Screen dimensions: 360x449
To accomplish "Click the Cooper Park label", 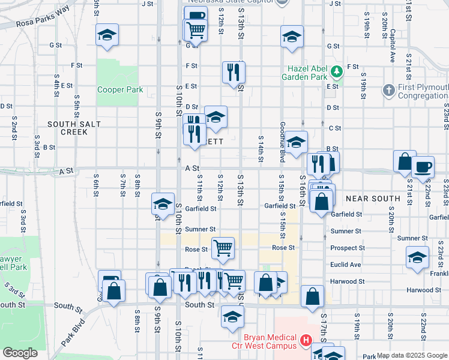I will click(121, 89).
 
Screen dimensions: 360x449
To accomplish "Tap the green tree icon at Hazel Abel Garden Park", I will click(336, 71).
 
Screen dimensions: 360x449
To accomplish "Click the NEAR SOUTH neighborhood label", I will click(373, 198).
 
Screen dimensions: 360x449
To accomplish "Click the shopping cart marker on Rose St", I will click(223, 247).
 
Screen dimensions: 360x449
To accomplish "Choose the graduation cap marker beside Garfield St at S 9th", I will click(163, 204).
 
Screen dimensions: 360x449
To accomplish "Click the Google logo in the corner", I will click(20, 353).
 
